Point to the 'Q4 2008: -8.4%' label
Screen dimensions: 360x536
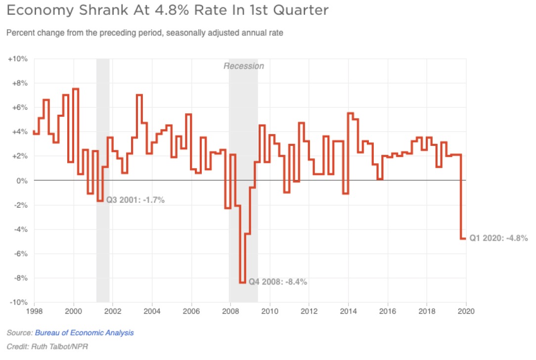coord(278,282)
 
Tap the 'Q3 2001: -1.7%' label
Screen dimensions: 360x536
coord(135,200)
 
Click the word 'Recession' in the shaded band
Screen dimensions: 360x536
coord(244,66)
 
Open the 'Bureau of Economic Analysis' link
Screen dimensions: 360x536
coord(84,333)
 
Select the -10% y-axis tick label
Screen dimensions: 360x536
coord(18,302)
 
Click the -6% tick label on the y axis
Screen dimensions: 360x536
coord(19,254)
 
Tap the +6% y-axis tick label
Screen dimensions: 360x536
coord(19,107)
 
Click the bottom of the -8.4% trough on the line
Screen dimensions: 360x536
coord(242,282)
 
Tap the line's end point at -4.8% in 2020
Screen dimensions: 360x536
coord(465,238)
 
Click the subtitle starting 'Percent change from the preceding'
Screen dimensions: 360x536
coord(144,33)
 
